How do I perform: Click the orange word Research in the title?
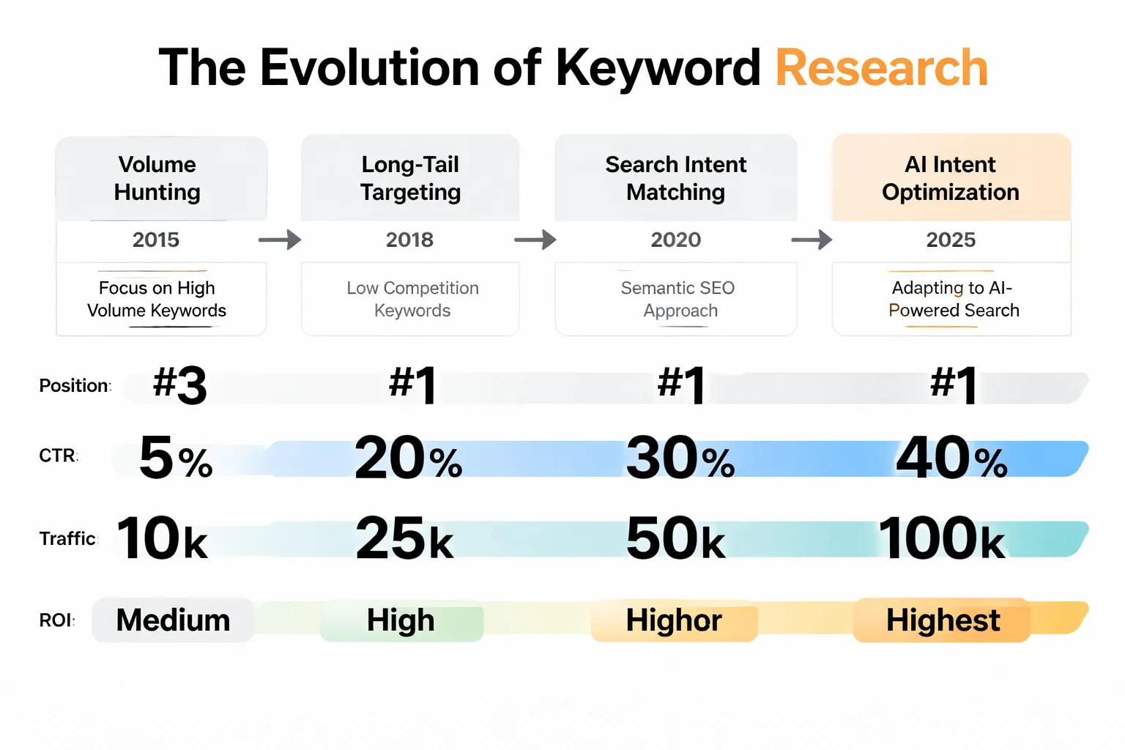(881, 68)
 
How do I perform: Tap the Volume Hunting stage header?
(157, 178)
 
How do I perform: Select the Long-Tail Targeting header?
(410, 178)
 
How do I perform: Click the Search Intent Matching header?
(675, 178)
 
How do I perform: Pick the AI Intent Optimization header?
(951, 178)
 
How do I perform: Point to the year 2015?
(156, 240)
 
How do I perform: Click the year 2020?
(675, 240)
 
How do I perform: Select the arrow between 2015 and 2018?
(280, 240)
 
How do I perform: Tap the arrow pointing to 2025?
(812, 240)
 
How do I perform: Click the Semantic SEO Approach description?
(678, 299)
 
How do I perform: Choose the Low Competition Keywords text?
(412, 299)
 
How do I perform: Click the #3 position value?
(180, 385)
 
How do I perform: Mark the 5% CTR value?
(176, 458)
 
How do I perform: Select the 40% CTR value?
(951, 458)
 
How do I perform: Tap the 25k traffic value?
(404, 539)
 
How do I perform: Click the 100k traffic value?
(942, 539)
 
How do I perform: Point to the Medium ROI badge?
(173, 620)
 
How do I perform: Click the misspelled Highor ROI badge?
(674, 620)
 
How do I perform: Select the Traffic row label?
(67, 539)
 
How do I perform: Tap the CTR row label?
(58, 456)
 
